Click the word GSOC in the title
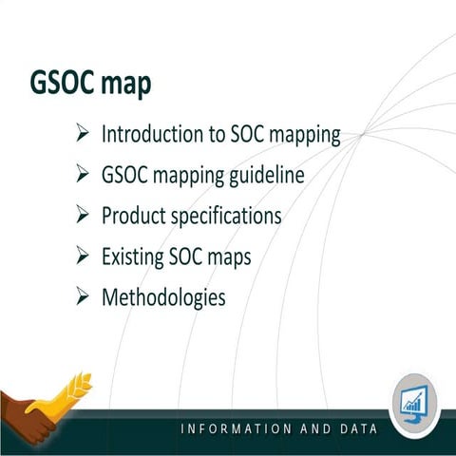[x=57, y=84]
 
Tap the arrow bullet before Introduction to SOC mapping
[x=82, y=134]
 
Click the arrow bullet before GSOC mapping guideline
[x=82, y=175]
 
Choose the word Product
[x=133, y=216]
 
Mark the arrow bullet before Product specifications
[x=82, y=216]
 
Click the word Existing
[x=133, y=256]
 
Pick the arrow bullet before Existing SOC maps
[x=82, y=256]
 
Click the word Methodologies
[x=163, y=297]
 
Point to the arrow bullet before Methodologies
[x=82, y=297]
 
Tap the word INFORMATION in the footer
[x=235, y=428]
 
